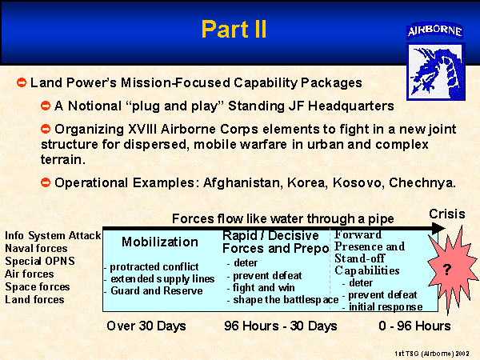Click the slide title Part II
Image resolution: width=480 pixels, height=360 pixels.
pyautogui.click(x=234, y=30)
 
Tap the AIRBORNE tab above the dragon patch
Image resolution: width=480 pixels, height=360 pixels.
pyautogui.click(x=434, y=30)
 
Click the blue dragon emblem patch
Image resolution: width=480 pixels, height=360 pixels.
pyautogui.click(x=436, y=72)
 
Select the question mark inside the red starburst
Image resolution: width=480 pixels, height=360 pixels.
pyautogui.click(x=447, y=270)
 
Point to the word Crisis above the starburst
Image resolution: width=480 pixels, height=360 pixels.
pyautogui.click(x=447, y=214)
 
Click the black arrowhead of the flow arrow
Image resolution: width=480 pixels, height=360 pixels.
pyautogui.click(x=438, y=228)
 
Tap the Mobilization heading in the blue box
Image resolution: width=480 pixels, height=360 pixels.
pyautogui.click(x=160, y=242)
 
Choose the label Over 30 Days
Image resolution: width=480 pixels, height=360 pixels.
pyautogui.click(x=146, y=326)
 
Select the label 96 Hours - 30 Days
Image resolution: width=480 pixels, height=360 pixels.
pyautogui.click(x=281, y=326)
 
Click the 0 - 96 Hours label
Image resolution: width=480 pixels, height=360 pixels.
pyautogui.click(x=414, y=326)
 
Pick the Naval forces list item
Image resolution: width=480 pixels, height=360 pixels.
pyautogui.click(x=36, y=248)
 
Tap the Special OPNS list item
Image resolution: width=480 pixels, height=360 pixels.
pyautogui.click(x=40, y=261)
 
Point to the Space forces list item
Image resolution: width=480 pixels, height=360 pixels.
pyautogui.click(x=38, y=287)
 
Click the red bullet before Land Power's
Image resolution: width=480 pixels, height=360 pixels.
pyautogui.click(x=22, y=82)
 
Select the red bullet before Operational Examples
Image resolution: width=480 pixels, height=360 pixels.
pyautogui.click(x=46, y=182)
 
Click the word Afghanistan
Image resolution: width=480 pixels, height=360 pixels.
pyautogui.click(x=242, y=183)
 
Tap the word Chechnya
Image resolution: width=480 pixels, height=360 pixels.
pyautogui.click(x=422, y=182)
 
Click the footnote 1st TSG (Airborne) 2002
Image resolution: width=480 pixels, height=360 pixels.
pyautogui.click(x=432, y=354)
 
